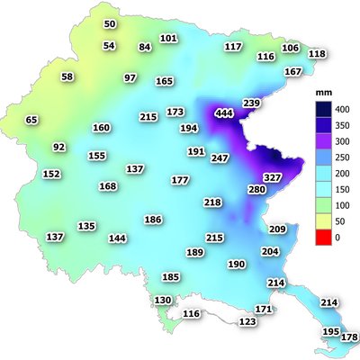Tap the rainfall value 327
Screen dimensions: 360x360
(273, 177)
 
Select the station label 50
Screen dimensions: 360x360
(110, 23)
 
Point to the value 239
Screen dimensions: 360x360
(251, 103)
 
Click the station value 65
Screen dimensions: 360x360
(31, 120)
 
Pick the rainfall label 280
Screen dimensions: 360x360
(257, 190)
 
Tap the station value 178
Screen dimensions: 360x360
(349, 337)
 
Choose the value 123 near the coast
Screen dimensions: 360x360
(247, 321)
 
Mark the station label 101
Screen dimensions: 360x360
(168, 38)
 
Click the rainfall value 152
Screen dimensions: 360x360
(51, 174)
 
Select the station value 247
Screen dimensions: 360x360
(220, 158)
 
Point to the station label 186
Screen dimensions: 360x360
(153, 220)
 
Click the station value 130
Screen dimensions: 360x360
(163, 300)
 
